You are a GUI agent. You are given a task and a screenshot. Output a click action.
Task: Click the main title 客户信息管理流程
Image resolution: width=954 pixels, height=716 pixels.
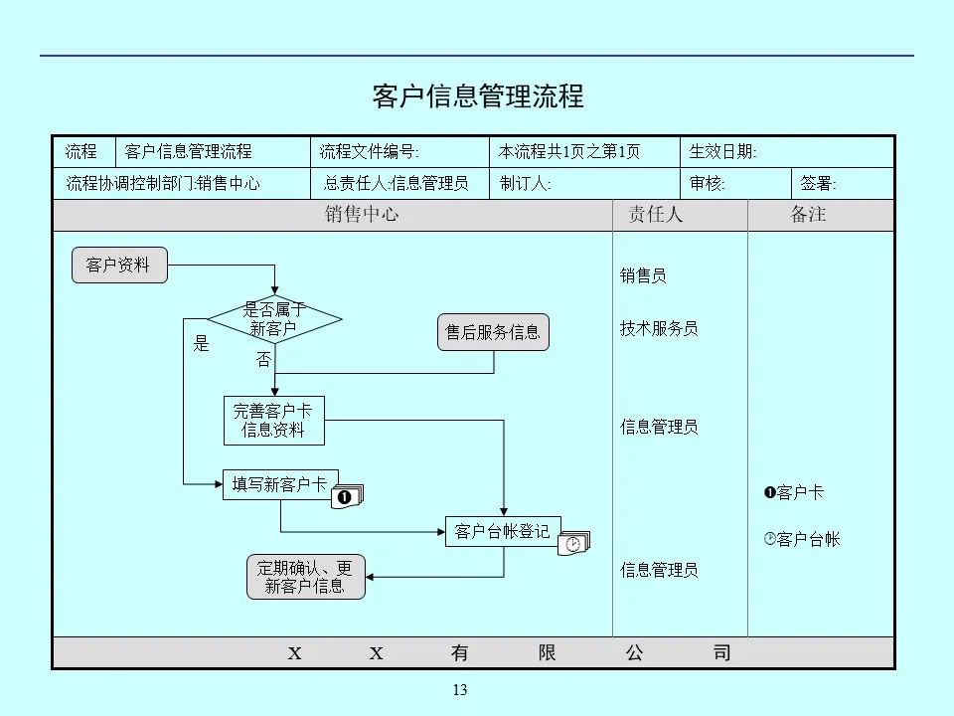click(477, 96)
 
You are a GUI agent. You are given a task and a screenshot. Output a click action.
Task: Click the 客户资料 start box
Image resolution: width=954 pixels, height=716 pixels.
click(119, 266)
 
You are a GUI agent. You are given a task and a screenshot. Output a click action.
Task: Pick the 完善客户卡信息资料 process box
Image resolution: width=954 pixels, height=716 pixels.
click(273, 422)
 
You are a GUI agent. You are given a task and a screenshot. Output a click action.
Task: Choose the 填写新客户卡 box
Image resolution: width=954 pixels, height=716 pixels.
click(279, 484)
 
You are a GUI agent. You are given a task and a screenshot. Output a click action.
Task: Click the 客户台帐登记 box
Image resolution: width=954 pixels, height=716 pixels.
click(502, 531)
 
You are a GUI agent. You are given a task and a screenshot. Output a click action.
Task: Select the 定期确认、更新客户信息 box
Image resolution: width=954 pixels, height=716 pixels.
click(305, 577)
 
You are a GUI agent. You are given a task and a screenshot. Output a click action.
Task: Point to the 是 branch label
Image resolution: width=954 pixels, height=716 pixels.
click(202, 344)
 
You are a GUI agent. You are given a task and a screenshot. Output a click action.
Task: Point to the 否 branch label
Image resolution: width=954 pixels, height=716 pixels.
click(263, 360)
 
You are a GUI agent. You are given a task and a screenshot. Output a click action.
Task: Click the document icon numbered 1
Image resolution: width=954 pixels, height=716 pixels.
click(348, 495)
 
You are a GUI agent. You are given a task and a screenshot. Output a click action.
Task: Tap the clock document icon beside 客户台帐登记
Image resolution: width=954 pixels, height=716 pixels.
click(574, 543)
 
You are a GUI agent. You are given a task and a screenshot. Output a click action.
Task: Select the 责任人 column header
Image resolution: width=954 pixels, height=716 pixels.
click(655, 215)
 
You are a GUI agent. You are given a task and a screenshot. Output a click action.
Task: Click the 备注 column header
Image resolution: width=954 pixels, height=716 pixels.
click(808, 215)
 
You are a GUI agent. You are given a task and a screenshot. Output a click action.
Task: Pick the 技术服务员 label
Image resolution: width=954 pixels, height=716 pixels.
click(659, 328)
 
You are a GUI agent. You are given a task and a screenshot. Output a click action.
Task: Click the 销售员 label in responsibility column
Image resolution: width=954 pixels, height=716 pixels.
click(643, 275)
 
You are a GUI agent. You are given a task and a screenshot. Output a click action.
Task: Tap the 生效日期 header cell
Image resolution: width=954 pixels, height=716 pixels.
click(723, 152)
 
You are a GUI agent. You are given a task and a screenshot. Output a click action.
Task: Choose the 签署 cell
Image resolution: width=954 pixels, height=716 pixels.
click(819, 184)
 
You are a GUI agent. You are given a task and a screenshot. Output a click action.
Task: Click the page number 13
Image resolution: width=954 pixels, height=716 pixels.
click(459, 690)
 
